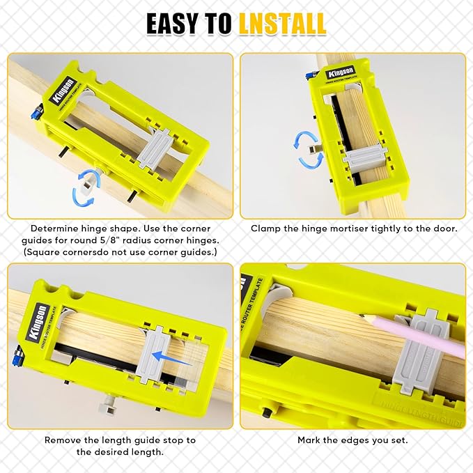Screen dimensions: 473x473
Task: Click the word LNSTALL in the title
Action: coord(282,24)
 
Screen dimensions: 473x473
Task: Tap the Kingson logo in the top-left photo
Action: coord(63,91)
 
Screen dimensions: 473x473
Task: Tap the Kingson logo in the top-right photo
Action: coord(340,72)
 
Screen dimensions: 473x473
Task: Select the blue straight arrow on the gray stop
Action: coord(171,359)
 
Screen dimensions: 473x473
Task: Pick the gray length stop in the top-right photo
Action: coord(367,157)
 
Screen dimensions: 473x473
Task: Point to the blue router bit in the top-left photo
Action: coord(36,112)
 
